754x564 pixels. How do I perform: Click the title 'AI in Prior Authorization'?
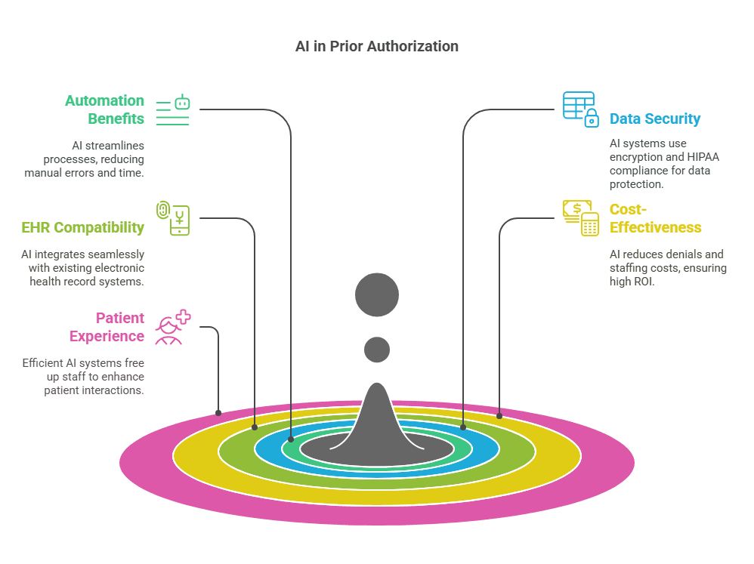[376, 46]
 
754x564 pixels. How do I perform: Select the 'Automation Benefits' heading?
[104, 109]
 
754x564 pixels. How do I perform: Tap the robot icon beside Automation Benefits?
[172, 109]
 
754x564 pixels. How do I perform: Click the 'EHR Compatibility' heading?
[82, 227]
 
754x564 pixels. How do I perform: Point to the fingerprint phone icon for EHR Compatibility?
[172, 218]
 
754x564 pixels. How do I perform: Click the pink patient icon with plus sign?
[172, 327]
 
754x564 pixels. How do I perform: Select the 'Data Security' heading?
[654, 119]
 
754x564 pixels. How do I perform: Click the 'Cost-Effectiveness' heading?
[654, 218]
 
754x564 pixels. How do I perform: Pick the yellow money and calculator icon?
[579, 217]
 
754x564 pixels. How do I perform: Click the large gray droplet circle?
[376, 294]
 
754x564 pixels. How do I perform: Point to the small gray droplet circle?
[376, 350]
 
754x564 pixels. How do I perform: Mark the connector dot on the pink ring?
[218, 413]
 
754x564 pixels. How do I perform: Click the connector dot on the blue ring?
[463, 427]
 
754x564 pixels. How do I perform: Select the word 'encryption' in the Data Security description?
[635, 157]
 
